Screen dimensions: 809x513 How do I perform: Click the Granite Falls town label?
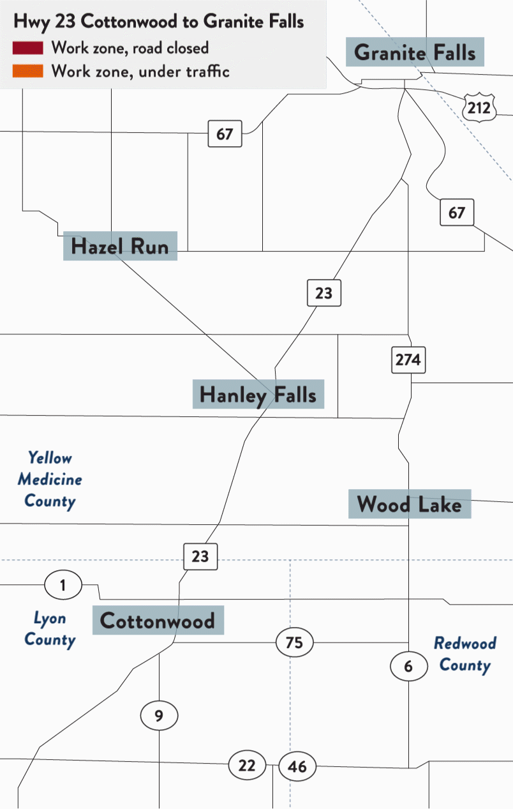pos(415,52)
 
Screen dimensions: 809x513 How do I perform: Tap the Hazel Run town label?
pos(120,246)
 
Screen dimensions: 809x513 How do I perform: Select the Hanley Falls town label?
pos(258,395)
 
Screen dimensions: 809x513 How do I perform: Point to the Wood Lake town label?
pos(409,504)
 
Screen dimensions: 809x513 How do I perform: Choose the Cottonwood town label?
pos(158,620)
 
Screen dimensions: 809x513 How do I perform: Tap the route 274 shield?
pos(408,360)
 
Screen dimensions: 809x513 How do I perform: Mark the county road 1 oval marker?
pos(63,585)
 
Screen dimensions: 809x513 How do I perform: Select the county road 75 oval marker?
pos(294,642)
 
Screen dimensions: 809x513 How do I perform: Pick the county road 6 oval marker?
pos(408,667)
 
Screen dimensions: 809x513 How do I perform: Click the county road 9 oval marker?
pos(159,716)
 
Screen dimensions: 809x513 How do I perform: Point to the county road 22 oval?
pos(247,765)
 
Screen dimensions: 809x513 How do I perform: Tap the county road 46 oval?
pos(297,766)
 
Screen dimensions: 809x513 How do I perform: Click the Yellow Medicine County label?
pos(50,480)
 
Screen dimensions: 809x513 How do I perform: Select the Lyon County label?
pos(50,629)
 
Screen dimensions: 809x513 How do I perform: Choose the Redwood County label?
pos(465,654)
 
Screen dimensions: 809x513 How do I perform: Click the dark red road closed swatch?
pos(27,48)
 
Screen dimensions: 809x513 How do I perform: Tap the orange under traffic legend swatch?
pos(27,71)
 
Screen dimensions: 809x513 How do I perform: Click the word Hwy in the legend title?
pos(31,22)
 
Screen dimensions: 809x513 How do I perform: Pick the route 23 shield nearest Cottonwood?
pos(200,556)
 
